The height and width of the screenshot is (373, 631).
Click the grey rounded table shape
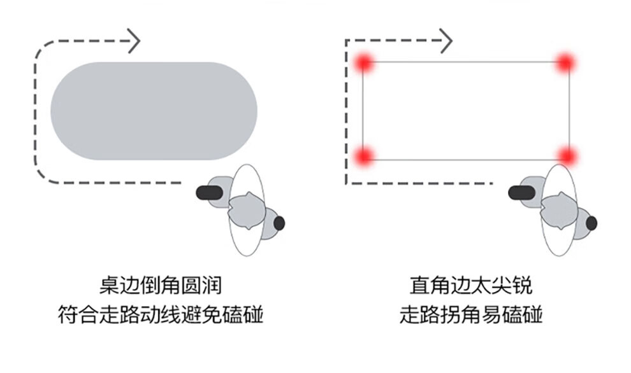[x=154, y=111]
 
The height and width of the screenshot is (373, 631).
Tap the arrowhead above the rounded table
[x=133, y=41]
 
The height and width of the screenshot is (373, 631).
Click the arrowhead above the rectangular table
[x=446, y=41]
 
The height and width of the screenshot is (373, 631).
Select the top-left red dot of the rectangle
[x=363, y=62]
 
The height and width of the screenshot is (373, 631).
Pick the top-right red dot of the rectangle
[x=565, y=62]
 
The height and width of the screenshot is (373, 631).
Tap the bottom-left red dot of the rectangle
[x=363, y=155]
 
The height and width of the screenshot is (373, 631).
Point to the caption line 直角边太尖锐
[x=470, y=285]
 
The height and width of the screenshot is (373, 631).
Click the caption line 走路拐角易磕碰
[x=470, y=314]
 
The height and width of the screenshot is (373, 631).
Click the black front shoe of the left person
[x=208, y=192]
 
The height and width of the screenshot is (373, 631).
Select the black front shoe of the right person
[x=520, y=192]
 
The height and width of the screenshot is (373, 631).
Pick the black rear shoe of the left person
[x=279, y=223]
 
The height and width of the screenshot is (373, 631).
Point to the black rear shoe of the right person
[x=591, y=223]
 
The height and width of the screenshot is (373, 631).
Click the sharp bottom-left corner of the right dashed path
[x=346, y=183]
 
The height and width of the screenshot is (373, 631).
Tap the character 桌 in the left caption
[x=106, y=285]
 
